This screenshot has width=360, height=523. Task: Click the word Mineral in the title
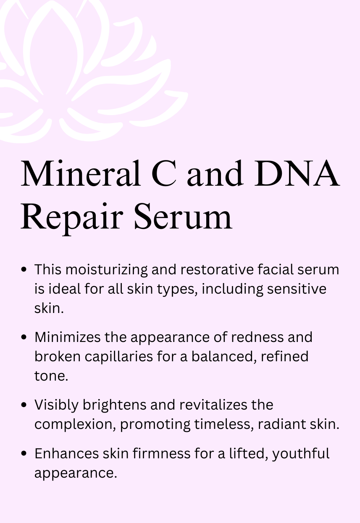pyautogui.click(x=81, y=173)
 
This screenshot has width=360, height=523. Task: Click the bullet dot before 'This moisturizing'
pyautogui.click(x=25, y=269)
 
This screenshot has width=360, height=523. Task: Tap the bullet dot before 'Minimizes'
pyautogui.click(x=25, y=337)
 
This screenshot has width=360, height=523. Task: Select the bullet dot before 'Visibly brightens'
pyautogui.click(x=25, y=405)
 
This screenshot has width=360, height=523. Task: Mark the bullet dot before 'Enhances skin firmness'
pyautogui.click(x=25, y=454)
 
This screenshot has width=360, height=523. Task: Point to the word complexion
pyautogui.click(x=74, y=425)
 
